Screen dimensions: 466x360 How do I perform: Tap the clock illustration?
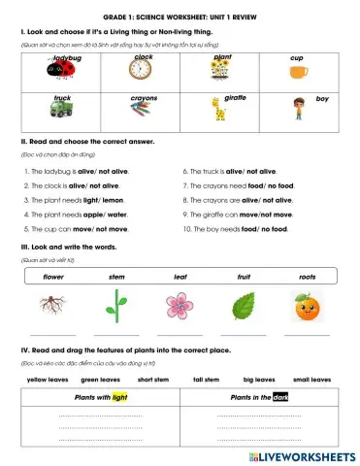point(143,74)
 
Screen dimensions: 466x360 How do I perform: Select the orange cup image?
point(297,71)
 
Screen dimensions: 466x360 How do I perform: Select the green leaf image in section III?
point(243,308)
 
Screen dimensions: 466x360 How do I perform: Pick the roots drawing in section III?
point(54,307)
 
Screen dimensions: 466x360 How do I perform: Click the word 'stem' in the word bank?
point(116,277)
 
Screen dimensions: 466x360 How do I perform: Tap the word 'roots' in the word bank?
point(307,277)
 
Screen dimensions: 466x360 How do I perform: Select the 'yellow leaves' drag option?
point(48,381)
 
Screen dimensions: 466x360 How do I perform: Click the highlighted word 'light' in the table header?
point(119,397)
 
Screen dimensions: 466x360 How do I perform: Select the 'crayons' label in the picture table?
point(144,98)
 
